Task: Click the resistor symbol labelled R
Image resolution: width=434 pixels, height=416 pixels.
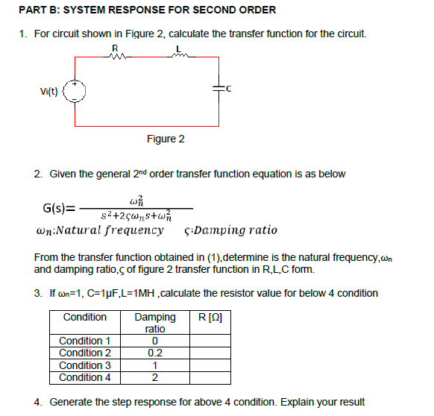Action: point(113,56)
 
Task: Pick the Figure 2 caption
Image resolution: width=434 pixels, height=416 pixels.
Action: point(166,139)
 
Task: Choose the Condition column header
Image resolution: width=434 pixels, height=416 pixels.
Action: point(85,318)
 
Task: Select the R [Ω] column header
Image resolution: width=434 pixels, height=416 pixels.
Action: point(210,318)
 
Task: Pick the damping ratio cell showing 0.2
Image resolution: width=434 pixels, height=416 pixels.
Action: point(155,353)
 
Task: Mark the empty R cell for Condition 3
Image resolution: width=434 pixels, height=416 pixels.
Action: point(210,365)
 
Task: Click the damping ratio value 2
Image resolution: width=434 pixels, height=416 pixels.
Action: point(155,377)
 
